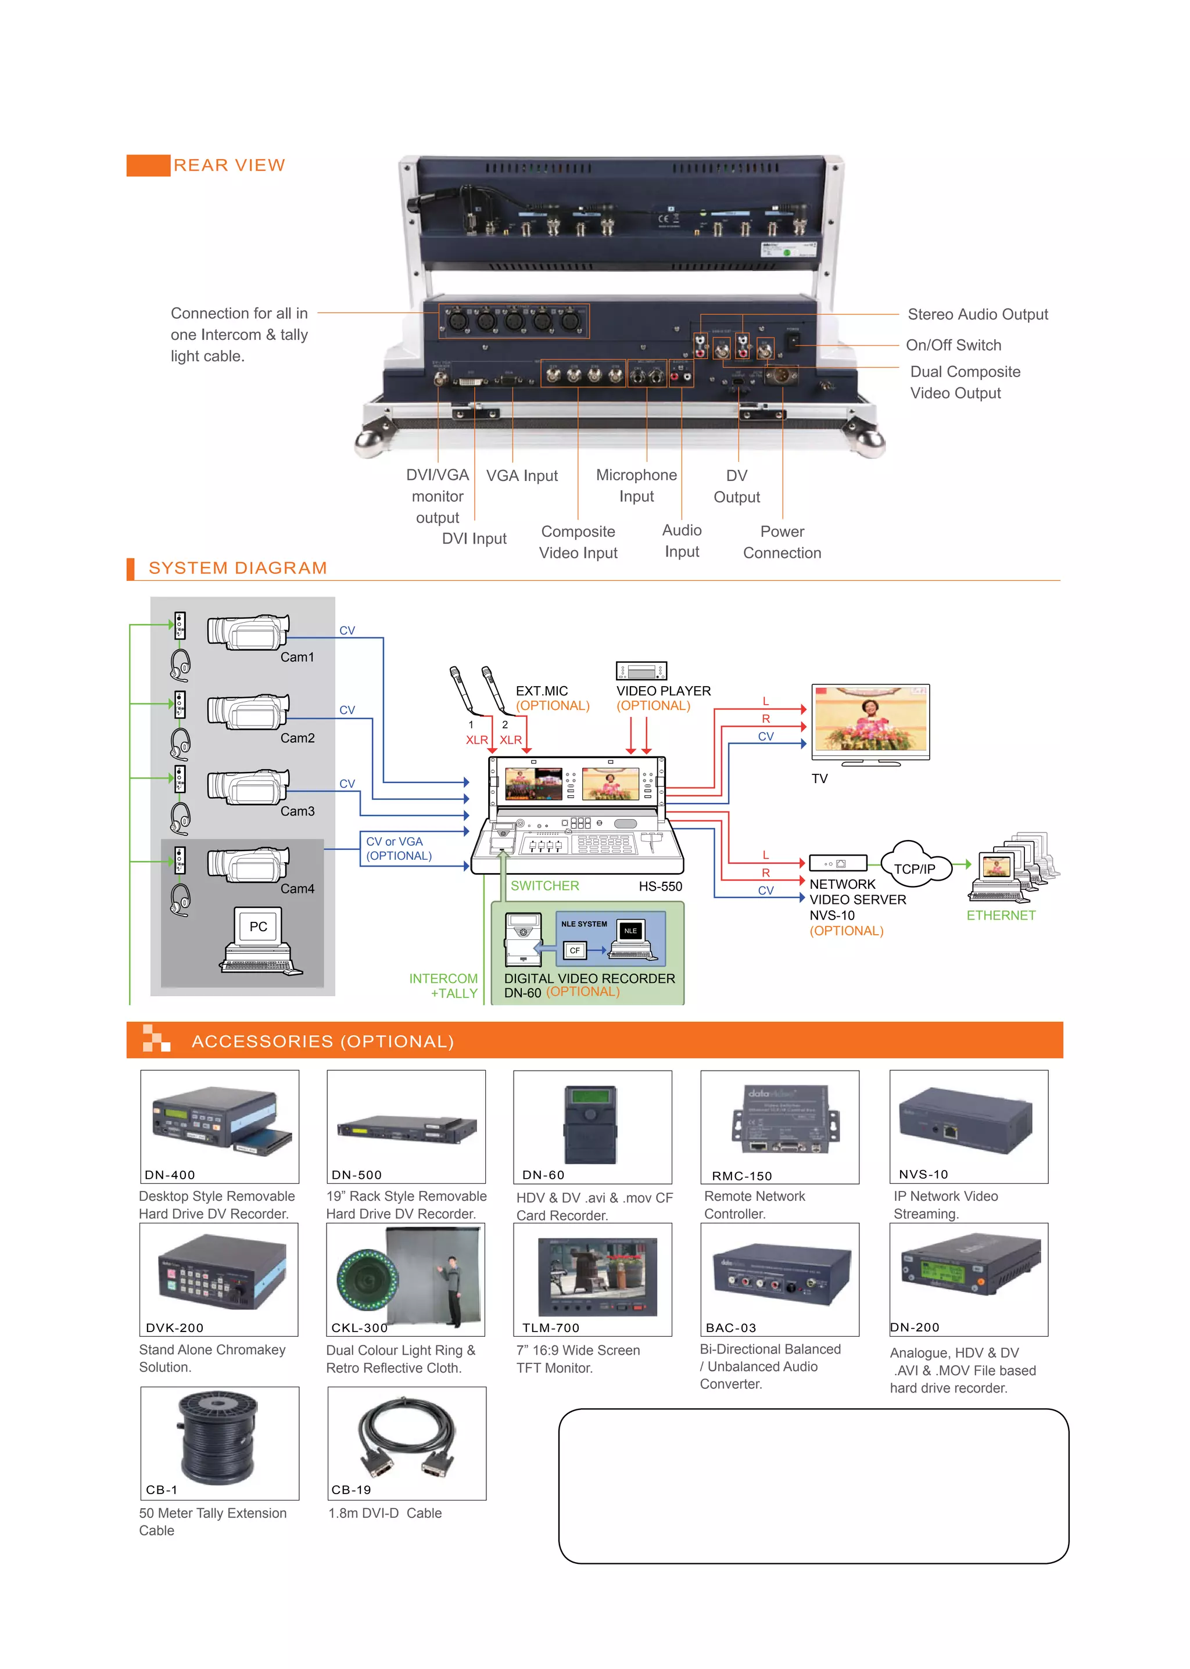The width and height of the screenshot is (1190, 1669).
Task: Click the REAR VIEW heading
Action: (x=228, y=166)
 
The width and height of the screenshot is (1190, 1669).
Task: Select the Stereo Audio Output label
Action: (x=977, y=314)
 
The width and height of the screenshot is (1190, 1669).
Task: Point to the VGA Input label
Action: (x=522, y=476)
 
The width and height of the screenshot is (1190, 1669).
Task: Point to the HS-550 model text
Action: (x=659, y=886)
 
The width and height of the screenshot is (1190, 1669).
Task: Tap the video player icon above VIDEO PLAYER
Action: (x=641, y=670)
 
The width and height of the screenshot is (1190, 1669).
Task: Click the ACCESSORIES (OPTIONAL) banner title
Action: (x=322, y=1042)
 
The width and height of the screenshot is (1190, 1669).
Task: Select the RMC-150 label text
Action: (x=741, y=1176)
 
